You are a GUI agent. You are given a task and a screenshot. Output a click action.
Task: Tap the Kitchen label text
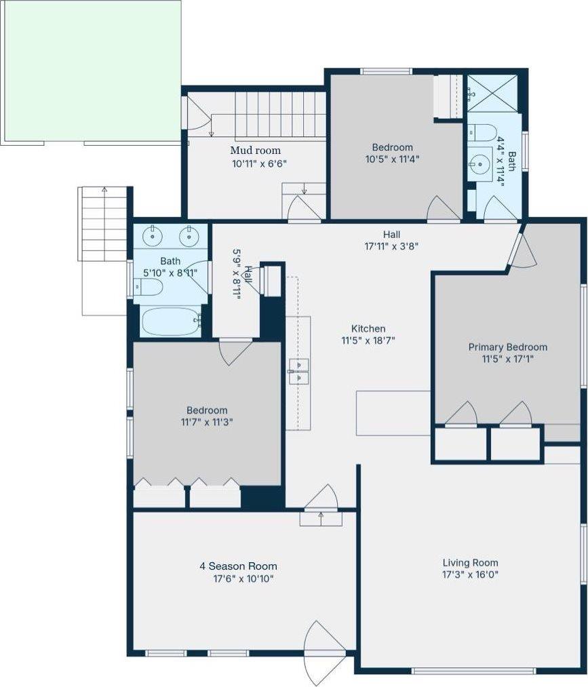[x=368, y=329]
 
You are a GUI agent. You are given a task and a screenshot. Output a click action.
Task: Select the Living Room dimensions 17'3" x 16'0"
[x=470, y=574]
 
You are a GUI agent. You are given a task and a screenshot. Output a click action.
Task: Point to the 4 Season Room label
[x=238, y=566]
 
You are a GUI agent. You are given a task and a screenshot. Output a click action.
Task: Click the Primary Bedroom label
[x=508, y=347]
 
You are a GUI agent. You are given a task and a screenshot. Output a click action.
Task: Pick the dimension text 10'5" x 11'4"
[x=393, y=159]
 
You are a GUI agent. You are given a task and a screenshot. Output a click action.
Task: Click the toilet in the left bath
[x=148, y=288]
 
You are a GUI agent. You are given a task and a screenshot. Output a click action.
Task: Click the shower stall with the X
[x=492, y=94]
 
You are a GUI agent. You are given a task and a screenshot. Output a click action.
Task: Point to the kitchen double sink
[x=299, y=372]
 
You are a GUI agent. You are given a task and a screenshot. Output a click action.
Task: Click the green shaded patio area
[x=91, y=71]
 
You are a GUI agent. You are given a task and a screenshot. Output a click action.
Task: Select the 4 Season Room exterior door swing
[x=320, y=653]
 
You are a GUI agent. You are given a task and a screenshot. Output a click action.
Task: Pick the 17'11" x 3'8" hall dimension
[x=391, y=246]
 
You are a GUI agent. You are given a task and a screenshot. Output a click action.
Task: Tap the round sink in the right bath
[x=481, y=164]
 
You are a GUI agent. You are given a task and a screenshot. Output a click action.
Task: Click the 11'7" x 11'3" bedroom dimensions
[x=207, y=423]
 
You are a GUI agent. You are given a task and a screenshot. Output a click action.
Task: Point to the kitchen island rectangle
[x=393, y=413]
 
